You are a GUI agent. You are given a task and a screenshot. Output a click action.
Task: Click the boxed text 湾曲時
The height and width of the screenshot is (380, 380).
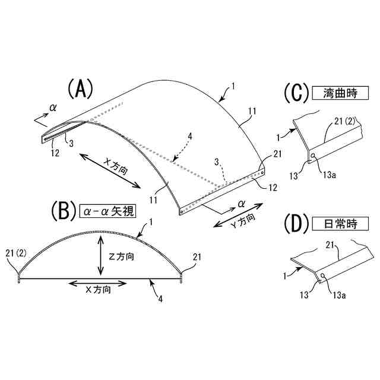340,93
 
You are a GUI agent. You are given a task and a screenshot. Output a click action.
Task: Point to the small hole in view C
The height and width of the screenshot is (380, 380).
313,157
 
